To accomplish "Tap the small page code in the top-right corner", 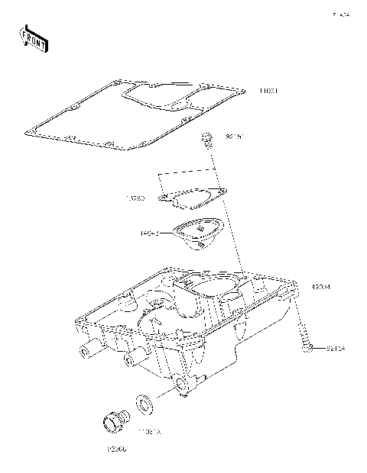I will [339, 14].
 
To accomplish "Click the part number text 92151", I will [234, 137].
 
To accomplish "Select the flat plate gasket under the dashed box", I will [194, 196].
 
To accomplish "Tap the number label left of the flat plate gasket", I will [136, 198].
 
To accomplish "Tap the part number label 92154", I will [336, 349].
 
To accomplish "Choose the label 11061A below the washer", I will [148, 432].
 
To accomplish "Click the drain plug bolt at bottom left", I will [115, 421].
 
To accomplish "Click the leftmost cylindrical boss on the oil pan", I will [83, 352].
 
